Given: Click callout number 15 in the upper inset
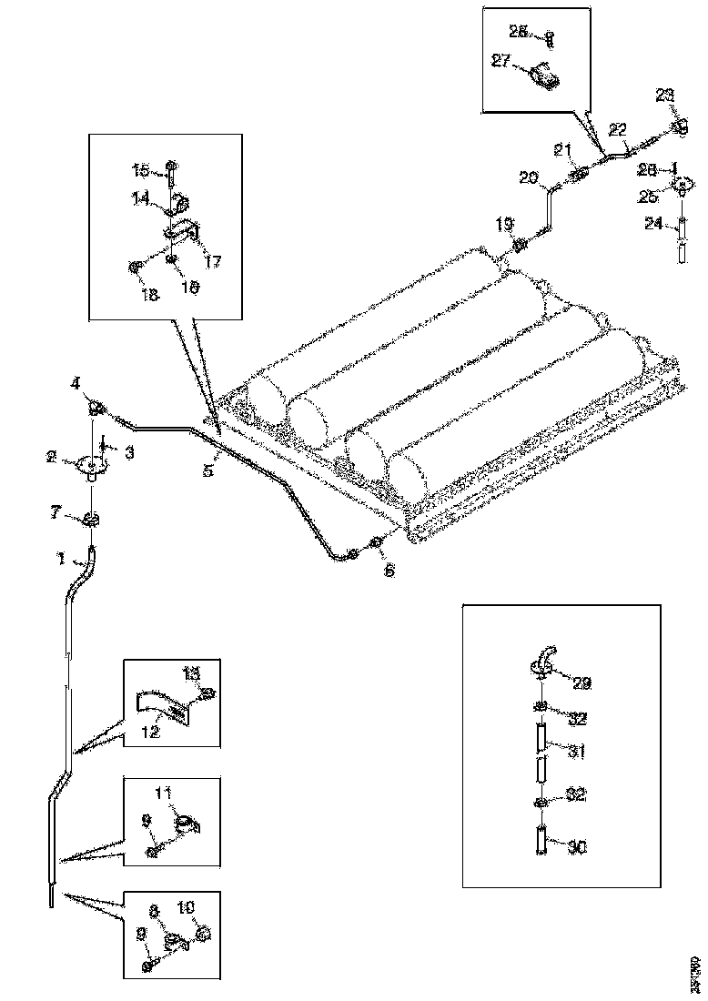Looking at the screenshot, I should click(140, 169).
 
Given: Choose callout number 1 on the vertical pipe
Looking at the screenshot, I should click(60, 559).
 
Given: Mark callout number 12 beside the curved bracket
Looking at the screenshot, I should click(150, 731).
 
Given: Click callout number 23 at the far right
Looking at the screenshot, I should click(665, 94).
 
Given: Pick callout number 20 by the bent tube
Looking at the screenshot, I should click(529, 178).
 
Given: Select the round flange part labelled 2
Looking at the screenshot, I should click(90, 465).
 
